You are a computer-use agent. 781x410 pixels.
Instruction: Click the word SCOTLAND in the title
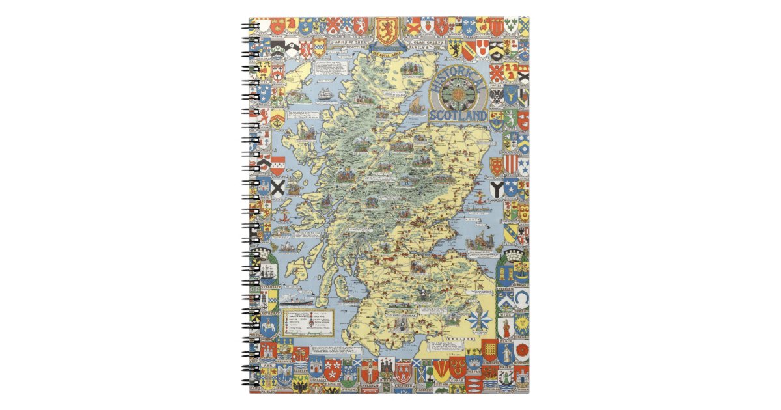[x=458, y=116]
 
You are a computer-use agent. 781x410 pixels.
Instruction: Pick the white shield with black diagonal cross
[x=278, y=189]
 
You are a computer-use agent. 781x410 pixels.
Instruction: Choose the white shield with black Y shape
[x=497, y=189]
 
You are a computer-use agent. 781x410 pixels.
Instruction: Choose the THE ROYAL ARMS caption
[x=387, y=55]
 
